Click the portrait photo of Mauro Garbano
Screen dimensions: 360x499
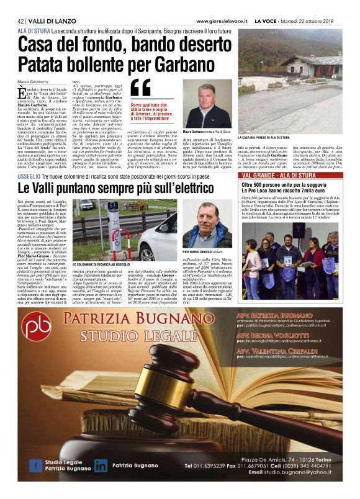point(216,103)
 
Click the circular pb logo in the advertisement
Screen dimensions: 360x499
point(39,327)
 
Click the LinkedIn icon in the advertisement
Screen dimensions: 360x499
point(101,466)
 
